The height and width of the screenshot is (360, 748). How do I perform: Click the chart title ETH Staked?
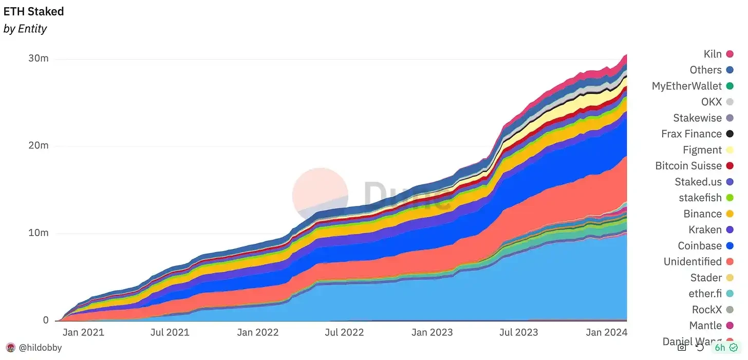point(34,11)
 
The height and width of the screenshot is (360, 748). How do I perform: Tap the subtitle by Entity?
point(25,29)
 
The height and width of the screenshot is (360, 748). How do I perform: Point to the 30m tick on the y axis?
point(39,59)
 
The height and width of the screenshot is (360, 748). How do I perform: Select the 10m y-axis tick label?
point(39,233)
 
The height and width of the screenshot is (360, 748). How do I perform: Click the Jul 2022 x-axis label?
point(345,332)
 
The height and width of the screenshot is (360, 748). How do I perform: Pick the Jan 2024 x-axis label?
point(607,332)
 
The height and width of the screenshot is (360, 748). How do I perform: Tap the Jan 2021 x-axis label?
point(83,332)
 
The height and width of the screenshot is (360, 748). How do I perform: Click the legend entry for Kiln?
point(713,54)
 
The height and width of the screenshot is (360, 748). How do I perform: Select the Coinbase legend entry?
point(700,245)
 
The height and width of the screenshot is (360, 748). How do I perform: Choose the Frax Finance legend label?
point(691,134)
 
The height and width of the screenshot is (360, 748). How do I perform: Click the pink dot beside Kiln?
point(730,54)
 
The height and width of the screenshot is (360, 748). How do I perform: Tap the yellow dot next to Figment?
point(730,150)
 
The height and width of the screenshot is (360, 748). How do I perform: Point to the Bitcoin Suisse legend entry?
point(688,166)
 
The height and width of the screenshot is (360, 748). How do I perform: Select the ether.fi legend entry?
point(705,294)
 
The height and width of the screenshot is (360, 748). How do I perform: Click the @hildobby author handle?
point(40,348)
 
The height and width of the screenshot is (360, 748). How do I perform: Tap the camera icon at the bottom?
point(682,348)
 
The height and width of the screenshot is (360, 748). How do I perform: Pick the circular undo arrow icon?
point(700,348)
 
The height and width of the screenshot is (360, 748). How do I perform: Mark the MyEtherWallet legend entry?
point(687,86)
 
